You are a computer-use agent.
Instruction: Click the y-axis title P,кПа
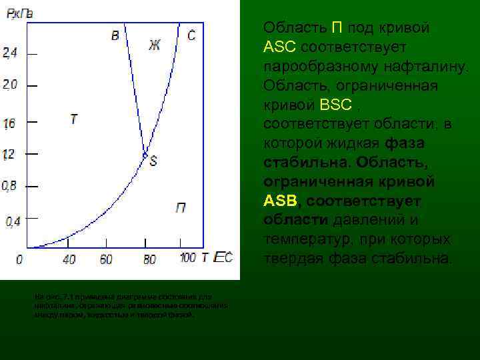point(17,13)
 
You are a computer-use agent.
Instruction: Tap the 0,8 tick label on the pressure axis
point(9,187)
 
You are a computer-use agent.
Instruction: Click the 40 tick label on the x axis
point(69,259)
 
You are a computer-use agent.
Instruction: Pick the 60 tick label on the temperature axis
point(106,259)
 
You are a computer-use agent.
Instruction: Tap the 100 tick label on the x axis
point(187,258)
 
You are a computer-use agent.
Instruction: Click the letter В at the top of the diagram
point(115,35)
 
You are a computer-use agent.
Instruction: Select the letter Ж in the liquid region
point(154,45)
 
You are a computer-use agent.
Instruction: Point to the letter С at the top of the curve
point(191,35)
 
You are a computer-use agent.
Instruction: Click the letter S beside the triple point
point(153,161)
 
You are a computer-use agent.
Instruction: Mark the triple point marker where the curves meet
point(145,155)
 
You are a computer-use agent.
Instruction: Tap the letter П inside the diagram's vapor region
point(180,209)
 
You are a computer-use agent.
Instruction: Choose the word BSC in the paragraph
point(336,105)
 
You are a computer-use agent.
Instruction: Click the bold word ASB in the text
point(279,201)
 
